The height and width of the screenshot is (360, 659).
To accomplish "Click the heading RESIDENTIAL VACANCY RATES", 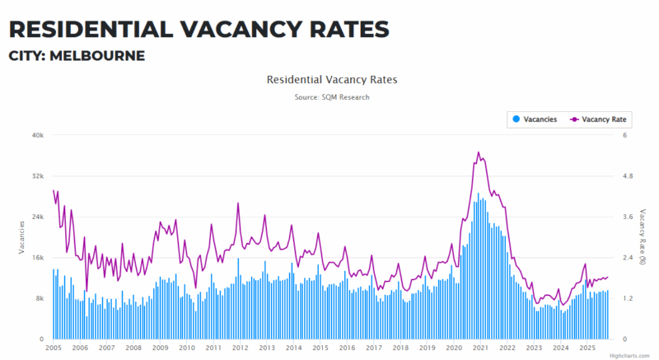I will (x=198, y=29).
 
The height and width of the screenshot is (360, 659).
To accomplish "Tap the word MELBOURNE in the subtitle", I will (x=102, y=56).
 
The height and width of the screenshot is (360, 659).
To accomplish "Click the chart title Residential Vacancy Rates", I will (x=332, y=80).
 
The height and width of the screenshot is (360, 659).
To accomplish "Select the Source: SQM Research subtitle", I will (x=332, y=97).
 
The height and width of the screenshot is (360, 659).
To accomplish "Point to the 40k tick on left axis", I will (x=37, y=135).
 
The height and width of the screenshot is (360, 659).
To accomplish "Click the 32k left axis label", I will (x=37, y=176).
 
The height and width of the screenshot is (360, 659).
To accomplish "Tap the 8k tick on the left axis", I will (x=39, y=298).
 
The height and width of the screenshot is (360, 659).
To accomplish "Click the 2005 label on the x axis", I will (x=54, y=348).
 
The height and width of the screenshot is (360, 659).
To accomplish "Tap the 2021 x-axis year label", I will (x=480, y=348).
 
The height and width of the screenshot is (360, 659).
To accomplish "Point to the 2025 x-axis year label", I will (x=587, y=348).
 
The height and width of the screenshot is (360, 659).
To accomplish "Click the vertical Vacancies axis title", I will (x=22, y=237).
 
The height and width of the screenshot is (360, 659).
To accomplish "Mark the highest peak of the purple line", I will (x=479, y=152).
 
